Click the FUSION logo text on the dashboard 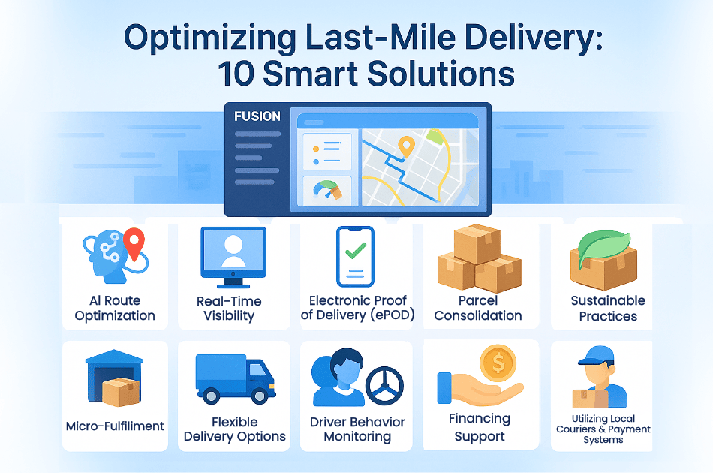257,116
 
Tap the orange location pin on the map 406,146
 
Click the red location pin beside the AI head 134,243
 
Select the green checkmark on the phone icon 356,251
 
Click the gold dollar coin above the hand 498,363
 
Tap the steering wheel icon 385,386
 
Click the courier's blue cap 597,355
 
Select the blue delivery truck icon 235,379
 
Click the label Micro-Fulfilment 115,426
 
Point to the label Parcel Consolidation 478,308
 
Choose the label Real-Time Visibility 229,309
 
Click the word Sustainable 608,300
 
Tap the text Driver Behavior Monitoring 357,429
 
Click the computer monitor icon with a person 233,258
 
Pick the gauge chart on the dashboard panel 327,190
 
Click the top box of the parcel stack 477,244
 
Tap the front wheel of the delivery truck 260,396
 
